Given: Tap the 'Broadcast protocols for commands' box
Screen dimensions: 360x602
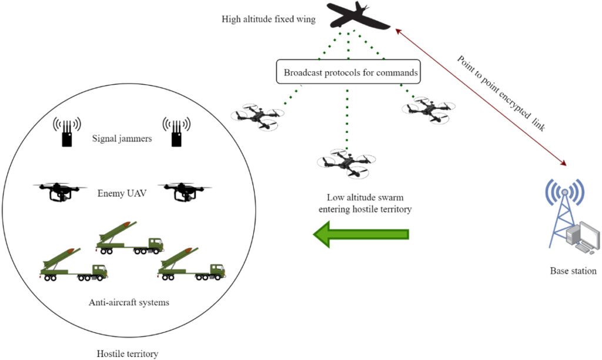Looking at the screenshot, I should [347, 73].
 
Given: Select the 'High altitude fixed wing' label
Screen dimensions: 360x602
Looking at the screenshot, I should [269, 19].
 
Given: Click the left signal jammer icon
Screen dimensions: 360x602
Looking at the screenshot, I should [67, 132].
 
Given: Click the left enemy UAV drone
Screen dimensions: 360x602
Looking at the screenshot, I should [58, 191].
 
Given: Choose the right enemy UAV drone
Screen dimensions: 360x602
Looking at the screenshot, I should [184, 191].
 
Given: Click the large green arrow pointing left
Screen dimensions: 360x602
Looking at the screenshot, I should [360, 234].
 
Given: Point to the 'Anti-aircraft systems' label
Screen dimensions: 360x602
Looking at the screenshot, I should [129, 303].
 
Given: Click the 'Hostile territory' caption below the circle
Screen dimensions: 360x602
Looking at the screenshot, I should [127, 354].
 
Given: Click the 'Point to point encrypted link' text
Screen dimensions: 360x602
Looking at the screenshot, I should [501, 96].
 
